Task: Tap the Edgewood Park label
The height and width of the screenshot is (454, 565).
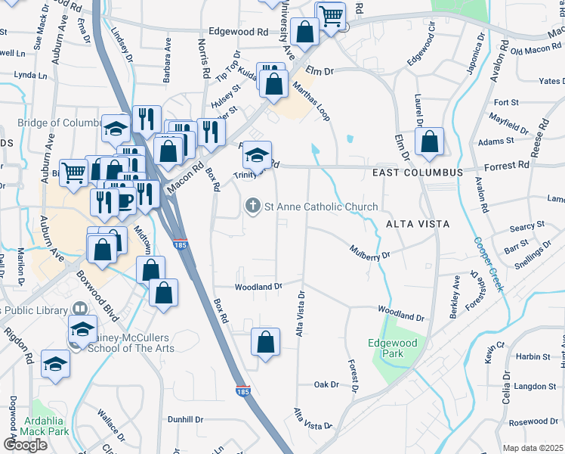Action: click(x=392, y=348)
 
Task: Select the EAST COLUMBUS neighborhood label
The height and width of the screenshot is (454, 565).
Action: click(x=417, y=173)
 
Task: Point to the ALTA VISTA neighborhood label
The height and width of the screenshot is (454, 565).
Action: click(x=418, y=224)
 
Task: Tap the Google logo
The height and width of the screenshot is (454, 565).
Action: click(x=26, y=445)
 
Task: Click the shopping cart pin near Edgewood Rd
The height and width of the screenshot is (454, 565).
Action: click(x=331, y=15)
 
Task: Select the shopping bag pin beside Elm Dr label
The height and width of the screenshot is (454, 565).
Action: click(x=429, y=141)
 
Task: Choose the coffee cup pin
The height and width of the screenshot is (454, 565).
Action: click(x=125, y=201)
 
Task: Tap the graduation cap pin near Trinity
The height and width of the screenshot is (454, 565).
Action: click(x=257, y=156)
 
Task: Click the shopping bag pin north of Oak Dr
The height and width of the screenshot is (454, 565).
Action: click(x=265, y=342)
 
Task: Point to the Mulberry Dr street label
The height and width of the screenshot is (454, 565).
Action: click(x=368, y=250)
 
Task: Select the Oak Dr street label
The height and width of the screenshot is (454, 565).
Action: click(x=327, y=384)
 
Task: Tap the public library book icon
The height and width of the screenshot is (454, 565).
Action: click(x=79, y=309)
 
